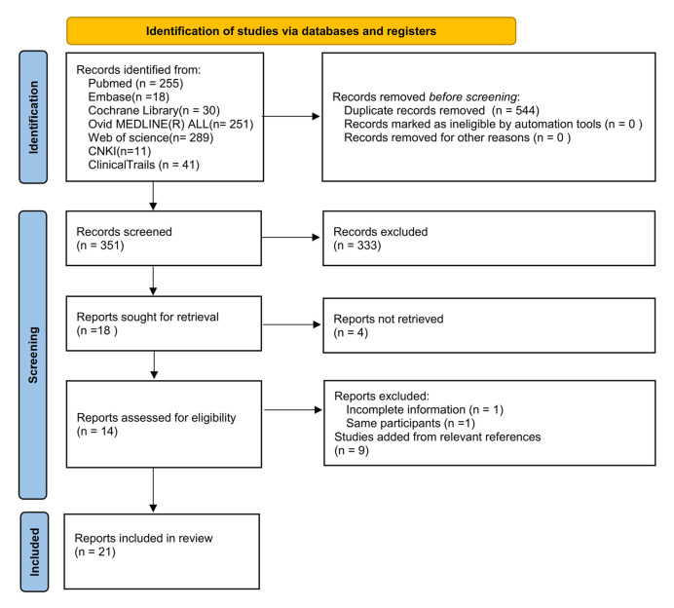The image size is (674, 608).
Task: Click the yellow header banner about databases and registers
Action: pyautogui.click(x=291, y=31)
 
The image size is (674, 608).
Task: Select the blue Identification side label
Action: pyautogui.click(x=33, y=117)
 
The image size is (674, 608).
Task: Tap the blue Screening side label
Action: pyautogui.click(x=33, y=355)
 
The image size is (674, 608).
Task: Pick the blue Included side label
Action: pyautogui.click(x=34, y=551)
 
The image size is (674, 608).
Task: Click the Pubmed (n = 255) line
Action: pyautogui.click(x=135, y=84)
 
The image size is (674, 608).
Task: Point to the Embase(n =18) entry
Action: pyautogui.click(x=129, y=96)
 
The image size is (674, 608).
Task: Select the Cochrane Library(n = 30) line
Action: pyautogui.click(x=154, y=110)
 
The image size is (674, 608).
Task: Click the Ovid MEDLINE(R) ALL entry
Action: pyautogui.click(x=170, y=125)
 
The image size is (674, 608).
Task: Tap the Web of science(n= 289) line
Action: pyautogui.click(x=150, y=137)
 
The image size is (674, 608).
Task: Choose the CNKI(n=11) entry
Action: pyautogui.click(x=120, y=151)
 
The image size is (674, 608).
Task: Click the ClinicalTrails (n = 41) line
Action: pyautogui.click(x=143, y=165)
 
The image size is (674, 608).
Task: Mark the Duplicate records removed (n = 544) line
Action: pyautogui.click(x=441, y=110)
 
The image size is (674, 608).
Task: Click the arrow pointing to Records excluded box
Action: pyautogui.click(x=290, y=238)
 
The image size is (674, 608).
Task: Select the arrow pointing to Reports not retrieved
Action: pyautogui.click(x=292, y=324)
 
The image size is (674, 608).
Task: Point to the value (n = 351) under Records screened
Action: pyautogui.click(x=100, y=246)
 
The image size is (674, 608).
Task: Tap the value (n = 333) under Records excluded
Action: pyautogui.click(x=357, y=246)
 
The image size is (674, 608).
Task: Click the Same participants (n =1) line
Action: pyautogui.click(x=410, y=424)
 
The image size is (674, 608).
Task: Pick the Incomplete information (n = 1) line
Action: pyautogui.click(x=425, y=410)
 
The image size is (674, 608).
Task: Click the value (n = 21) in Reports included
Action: pyautogui.click(x=95, y=551)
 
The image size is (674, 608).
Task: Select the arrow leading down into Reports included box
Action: pyautogui.click(x=153, y=490)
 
